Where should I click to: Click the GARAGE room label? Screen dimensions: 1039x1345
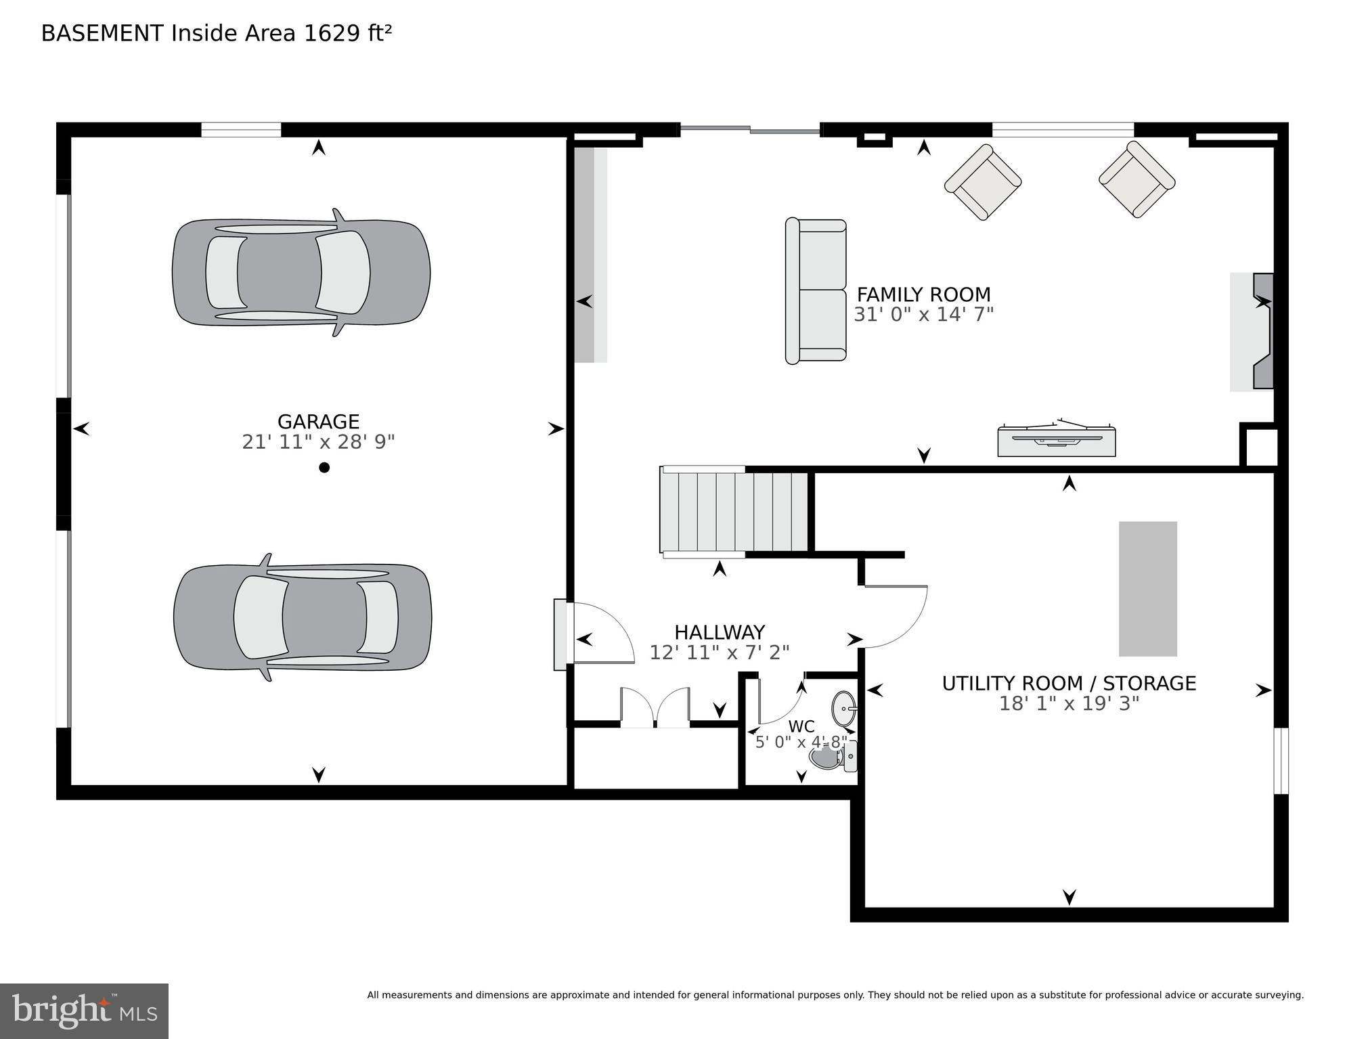[x=318, y=422]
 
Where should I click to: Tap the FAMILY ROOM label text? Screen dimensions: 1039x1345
[x=923, y=295]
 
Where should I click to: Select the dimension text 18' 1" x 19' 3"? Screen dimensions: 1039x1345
[x=1069, y=704]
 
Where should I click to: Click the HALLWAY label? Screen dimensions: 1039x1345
[x=720, y=632]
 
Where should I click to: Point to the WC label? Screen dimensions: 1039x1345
[x=801, y=727]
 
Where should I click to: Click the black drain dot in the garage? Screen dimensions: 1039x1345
[x=324, y=468]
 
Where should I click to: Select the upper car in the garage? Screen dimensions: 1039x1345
[x=301, y=273]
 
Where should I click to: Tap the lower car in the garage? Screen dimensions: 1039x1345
[x=303, y=617]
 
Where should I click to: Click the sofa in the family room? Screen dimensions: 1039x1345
[x=816, y=291]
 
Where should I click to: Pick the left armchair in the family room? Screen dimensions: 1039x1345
[x=982, y=181]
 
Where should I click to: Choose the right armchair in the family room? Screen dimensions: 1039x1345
[x=1137, y=179]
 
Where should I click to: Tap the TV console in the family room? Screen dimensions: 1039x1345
[x=1056, y=441]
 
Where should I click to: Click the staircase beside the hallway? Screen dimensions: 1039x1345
[x=734, y=512]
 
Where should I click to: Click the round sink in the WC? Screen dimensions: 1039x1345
[x=844, y=707]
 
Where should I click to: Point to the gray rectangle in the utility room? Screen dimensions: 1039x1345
[x=1147, y=589]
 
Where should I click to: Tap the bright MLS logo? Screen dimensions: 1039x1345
[x=84, y=1011]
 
